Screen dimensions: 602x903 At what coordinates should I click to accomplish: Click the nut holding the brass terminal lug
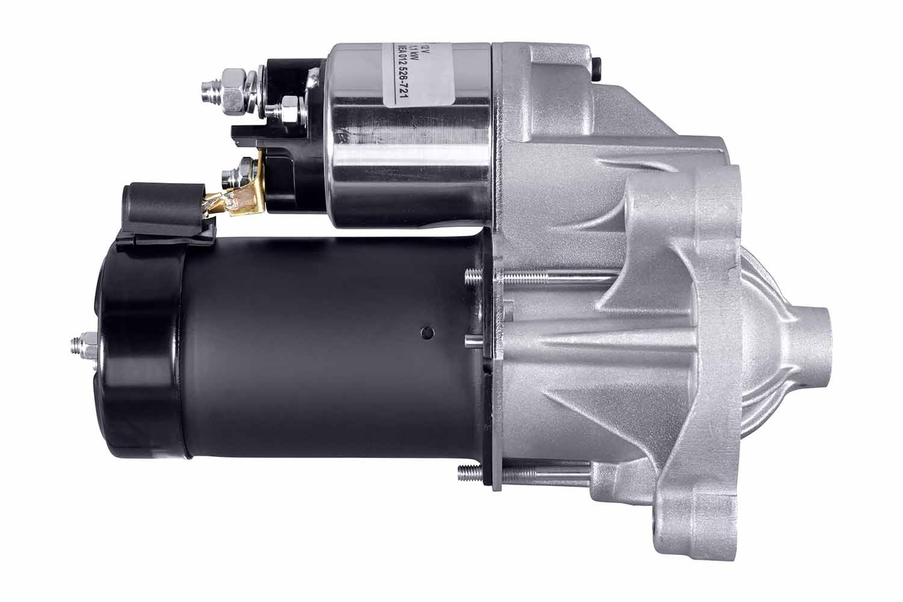(x=246, y=169)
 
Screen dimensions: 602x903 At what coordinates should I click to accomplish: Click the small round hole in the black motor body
(x=427, y=331)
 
